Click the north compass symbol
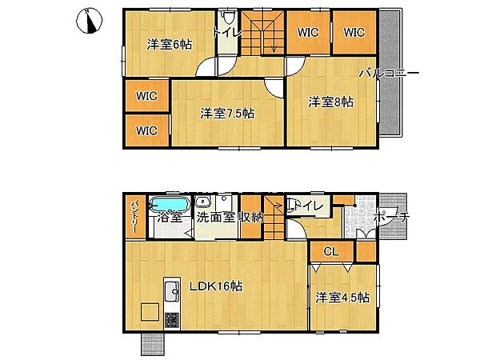point(89,21)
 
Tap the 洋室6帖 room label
point(170,45)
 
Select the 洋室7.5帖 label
point(227,114)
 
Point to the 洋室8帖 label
point(330,102)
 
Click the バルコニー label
point(389,73)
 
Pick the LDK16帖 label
point(216,286)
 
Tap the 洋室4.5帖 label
point(342,298)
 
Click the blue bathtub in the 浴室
point(169,203)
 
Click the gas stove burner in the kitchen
point(172,320)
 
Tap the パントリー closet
point(134,218)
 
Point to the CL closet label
point(331,252)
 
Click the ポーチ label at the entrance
point(391,218)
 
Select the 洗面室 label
point(215,217)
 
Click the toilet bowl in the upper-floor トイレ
point(228,18)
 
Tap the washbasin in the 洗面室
point(202,202)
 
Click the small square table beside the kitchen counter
point(150,312)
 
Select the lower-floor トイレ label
point(306,206)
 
